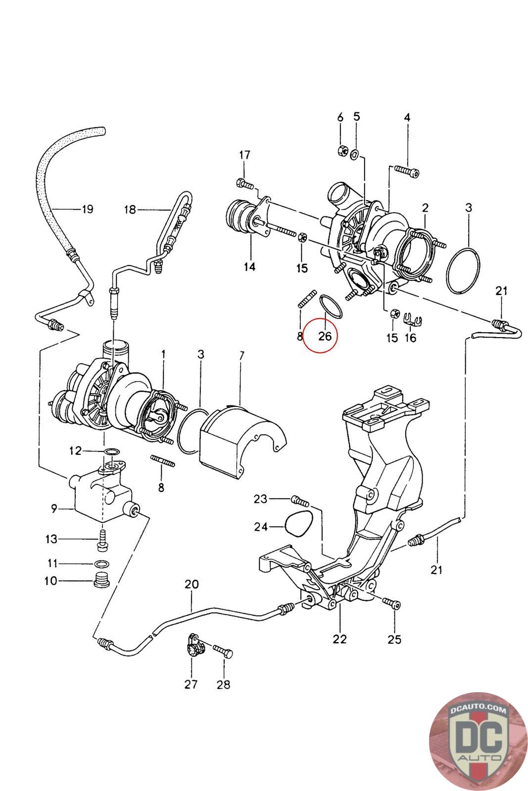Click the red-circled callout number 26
tap(325, 336)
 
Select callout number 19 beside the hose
tap(87, 209)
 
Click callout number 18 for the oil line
tap(130, 210)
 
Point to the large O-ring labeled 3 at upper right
tap(463, 271)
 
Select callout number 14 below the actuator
tap(249, 266)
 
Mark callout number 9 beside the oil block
tap(54, 509)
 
